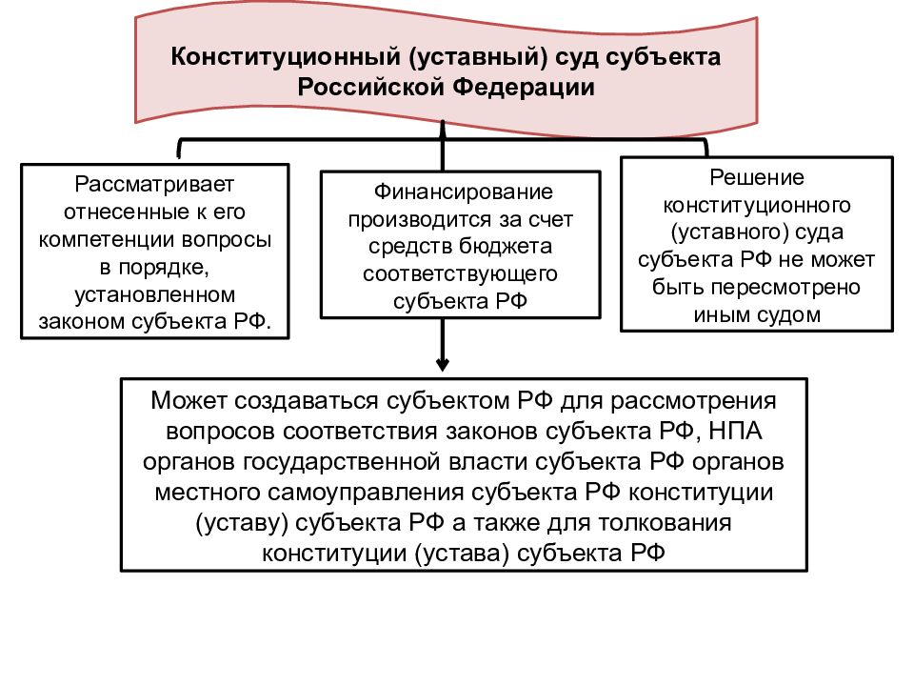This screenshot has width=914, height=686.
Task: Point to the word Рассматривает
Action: [154, 184]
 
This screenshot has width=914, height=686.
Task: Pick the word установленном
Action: [155, 294]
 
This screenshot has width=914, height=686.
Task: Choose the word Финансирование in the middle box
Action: [464, 192]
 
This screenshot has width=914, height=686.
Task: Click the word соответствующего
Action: [460, 274]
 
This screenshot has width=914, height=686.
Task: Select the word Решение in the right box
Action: [757, 177]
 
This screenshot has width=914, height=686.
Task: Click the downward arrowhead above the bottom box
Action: [443, 365]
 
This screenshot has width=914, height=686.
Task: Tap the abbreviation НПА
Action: [735, 432]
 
